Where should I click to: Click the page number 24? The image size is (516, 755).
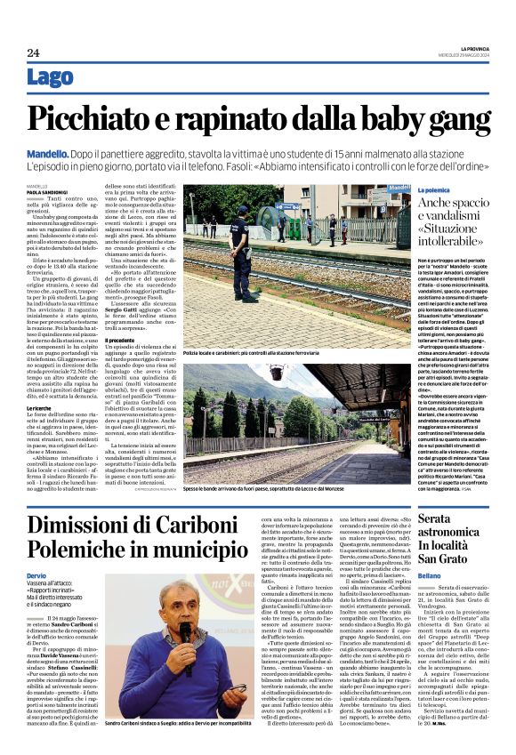tap(33, 52)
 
